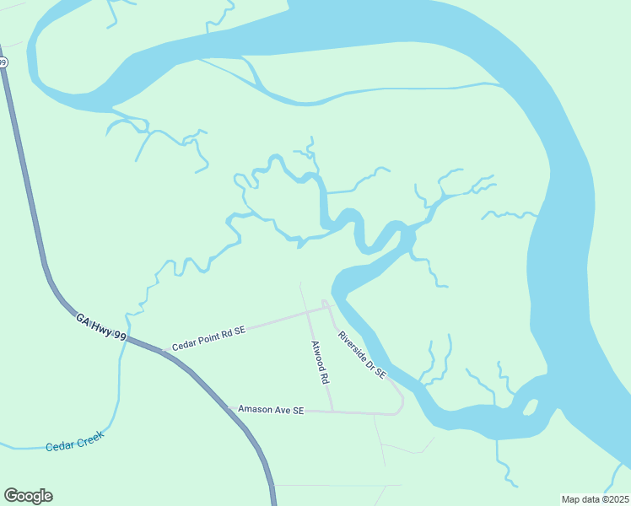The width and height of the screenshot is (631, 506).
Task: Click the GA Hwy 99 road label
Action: [x=101, y=328]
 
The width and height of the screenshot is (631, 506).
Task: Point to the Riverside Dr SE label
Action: [x=362, y=354]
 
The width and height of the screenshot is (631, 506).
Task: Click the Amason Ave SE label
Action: [x=270, y=410]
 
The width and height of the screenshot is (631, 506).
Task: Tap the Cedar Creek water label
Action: [x=74, y=441]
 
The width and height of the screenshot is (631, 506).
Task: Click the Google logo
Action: [x=28, y=496]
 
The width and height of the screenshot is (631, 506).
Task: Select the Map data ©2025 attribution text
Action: [x=594, y=498]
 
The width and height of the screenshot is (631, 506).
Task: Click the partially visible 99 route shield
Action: [x=3, y=62]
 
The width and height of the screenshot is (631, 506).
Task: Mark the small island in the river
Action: [x=531, y=407]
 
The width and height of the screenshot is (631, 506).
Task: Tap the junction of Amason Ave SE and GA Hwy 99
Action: [x=228, y=408]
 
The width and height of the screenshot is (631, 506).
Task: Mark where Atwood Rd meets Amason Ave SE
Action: [x=332, y=412]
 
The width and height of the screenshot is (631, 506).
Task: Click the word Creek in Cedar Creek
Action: [x=89, y=439]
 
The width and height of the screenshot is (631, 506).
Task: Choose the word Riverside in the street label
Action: [x=353, y=346]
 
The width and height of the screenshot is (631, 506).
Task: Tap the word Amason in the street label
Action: [x=256, y=410]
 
